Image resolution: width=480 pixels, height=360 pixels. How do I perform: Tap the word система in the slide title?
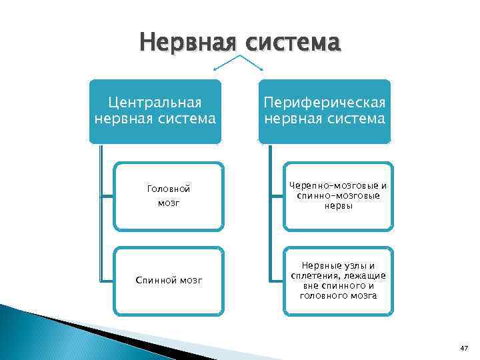coord(293,43)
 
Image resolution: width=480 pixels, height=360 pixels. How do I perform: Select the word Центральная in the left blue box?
coord(155,103)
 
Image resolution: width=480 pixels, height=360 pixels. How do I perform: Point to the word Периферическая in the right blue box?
coord(325,103)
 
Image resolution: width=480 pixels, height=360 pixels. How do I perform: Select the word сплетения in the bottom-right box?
coord(312,275)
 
